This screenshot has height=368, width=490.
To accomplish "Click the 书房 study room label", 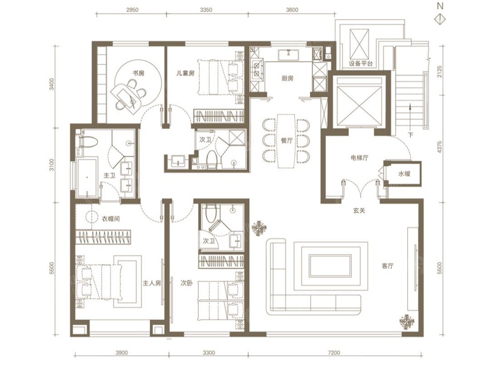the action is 138,73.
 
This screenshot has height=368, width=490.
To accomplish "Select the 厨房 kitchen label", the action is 288,78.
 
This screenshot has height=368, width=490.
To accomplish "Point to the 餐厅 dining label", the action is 287,140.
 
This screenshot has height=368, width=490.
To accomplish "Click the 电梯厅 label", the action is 359,158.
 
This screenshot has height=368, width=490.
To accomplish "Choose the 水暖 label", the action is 404,174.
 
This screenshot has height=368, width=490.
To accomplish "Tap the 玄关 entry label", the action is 359,211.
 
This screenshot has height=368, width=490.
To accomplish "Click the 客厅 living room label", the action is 387,266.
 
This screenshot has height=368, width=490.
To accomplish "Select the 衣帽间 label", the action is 111,219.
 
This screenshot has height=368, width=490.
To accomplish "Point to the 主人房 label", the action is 152,283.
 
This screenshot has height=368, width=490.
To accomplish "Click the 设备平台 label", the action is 361,63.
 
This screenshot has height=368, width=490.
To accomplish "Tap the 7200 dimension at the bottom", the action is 334,353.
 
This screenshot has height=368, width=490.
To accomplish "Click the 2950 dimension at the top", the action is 132,10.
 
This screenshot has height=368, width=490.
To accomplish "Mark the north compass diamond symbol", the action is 441,18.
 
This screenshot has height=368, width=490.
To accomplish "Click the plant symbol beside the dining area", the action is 259,228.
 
